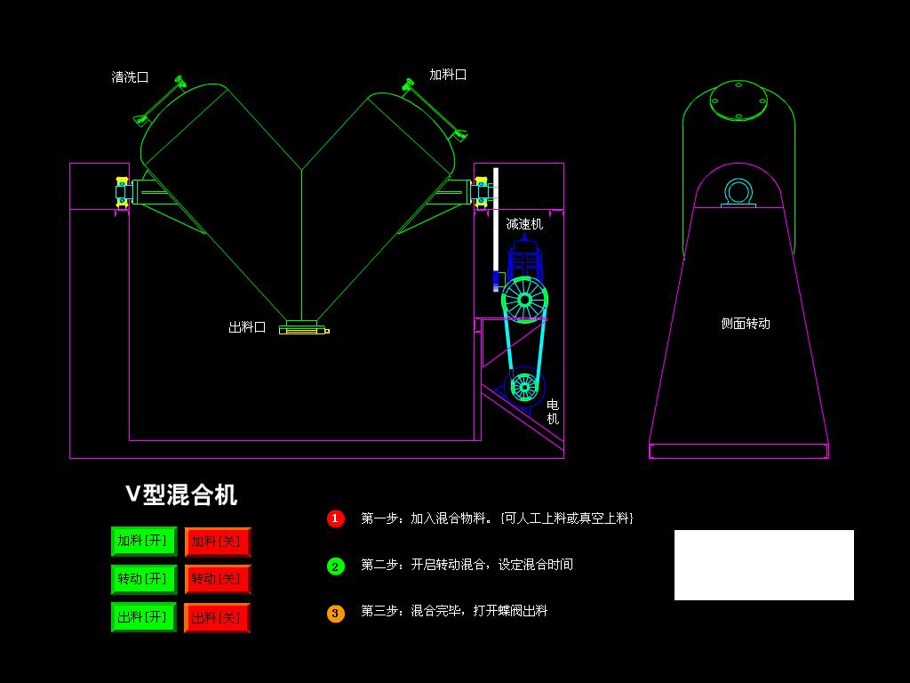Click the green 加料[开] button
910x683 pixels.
click(x=143, y=541)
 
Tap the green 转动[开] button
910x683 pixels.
click(x=143, y=579)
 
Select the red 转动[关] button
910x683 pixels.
click(x=218, y=579)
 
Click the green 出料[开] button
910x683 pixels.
click(x=143, y=617)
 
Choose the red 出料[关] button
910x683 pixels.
click(x=217, y=617)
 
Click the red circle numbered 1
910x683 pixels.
click(x=335, y=518)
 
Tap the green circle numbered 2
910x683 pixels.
click(x=335, y=566)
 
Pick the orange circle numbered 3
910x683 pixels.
click(x=335, y=613)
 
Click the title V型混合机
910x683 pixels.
click(x=181, y=494)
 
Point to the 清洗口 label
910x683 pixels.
click(x=130, y=77)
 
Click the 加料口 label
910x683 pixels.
click(x=448, y=75)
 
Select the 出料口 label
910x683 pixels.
click(x=247, y=327)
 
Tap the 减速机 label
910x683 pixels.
click(x=524, y=224)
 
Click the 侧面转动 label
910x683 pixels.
click(x=746, y=324)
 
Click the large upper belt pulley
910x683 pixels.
click(x=524, y=300)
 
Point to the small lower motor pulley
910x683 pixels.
click(x=524, y=387)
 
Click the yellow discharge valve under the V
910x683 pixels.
click(x=303, y=330)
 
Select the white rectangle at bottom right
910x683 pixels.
click(x=764, y=565)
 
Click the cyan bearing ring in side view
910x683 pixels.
click(x=738, y=191)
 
